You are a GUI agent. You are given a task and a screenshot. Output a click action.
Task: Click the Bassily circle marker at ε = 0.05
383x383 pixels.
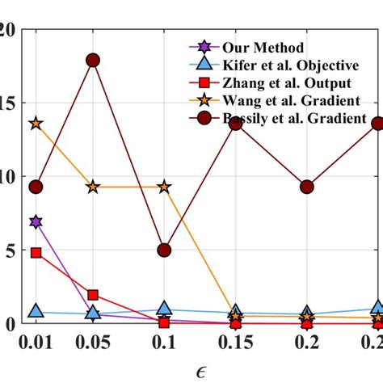click(x=93, y=61)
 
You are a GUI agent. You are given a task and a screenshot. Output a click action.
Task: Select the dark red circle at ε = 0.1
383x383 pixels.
click(x=164, y=250)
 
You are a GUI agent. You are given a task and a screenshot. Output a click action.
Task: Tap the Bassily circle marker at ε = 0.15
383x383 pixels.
click(x=235, y=124)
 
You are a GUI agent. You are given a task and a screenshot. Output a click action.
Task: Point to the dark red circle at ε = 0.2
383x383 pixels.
click(x=306, y=187)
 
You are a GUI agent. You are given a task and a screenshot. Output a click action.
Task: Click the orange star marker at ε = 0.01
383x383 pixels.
click(x=36, y=124)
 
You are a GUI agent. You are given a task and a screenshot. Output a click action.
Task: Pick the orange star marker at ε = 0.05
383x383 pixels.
click(x=93, y=187)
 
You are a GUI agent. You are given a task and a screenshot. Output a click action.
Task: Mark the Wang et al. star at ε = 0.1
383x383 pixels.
click(x=164, y=187)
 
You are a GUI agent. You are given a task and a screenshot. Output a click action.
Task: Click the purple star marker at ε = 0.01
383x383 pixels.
click(x=36, y=221)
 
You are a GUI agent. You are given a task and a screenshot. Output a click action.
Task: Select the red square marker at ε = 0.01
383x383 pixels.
click(x=36, y=253)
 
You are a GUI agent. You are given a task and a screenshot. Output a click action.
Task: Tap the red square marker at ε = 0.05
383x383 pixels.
click(x=93, y=295)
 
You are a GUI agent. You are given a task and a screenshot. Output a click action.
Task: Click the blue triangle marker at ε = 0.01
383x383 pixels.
click(x=36, y=311)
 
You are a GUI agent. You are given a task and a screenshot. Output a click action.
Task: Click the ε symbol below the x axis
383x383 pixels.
click(x=200, y=368)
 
